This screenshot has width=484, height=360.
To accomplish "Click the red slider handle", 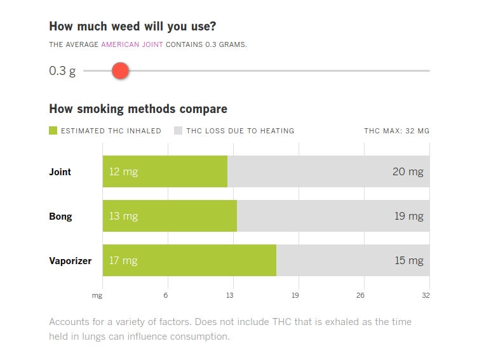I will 121,70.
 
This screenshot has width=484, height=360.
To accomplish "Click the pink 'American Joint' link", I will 132,44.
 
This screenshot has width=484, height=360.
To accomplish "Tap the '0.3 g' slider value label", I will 62,70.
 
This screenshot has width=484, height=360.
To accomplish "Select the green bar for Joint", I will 165,171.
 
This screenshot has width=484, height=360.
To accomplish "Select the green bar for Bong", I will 170,216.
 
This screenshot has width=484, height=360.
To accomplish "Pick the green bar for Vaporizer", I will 189,260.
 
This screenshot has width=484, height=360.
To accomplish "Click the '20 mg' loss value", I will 407,171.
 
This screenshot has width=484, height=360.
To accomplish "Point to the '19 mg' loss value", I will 408,216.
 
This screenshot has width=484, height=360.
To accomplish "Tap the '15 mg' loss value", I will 408,260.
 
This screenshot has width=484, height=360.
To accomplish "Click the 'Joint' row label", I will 60,172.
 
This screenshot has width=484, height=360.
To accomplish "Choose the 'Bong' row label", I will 60,217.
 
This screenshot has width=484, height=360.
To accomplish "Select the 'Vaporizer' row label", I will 71,261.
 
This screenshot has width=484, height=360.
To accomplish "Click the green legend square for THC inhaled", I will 53,131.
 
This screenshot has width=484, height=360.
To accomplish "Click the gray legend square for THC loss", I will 178,131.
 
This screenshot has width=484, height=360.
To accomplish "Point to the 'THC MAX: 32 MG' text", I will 396,131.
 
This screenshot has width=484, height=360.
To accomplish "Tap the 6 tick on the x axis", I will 166,295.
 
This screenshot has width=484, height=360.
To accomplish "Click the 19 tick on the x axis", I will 295,295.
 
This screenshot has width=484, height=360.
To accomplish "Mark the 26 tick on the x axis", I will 361,295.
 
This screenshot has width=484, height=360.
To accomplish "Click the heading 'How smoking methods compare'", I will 138,109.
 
